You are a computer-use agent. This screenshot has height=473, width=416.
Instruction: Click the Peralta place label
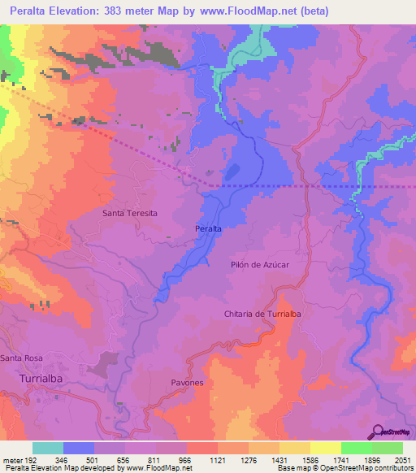point(209,230)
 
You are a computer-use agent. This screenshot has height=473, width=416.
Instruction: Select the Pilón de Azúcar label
point(260,265)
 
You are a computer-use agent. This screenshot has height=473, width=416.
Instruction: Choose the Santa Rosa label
point(21,358)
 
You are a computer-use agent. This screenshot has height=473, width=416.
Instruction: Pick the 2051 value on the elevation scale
point(402,458)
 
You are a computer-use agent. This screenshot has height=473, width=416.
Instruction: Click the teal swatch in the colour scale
point(48,448)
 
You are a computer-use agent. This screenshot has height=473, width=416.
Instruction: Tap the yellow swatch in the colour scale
point(325,448)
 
